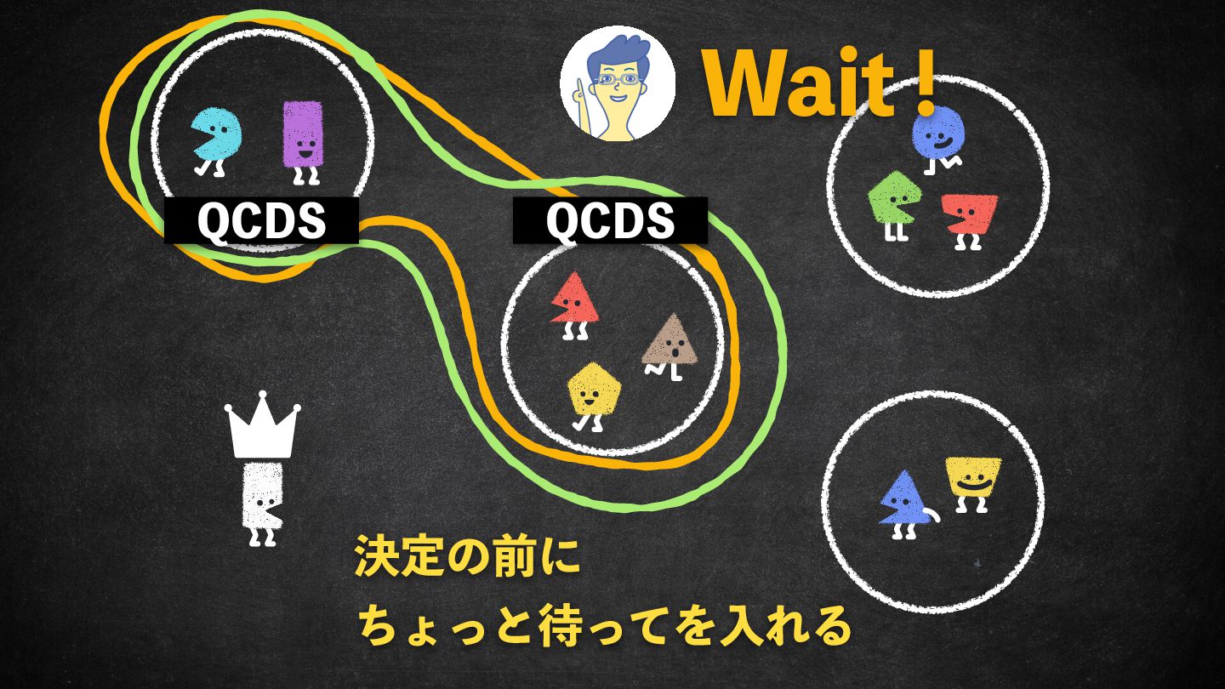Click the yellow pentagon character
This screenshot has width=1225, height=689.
tap(593, 390)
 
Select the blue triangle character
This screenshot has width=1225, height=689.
tap(903, 499)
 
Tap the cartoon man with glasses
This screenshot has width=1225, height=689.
tap(618, 85)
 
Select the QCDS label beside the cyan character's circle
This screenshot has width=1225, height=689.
tap(261, 220)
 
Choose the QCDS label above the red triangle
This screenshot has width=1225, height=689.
tap(609, 220)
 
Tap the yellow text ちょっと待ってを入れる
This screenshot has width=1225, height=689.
tap(604, 627)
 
